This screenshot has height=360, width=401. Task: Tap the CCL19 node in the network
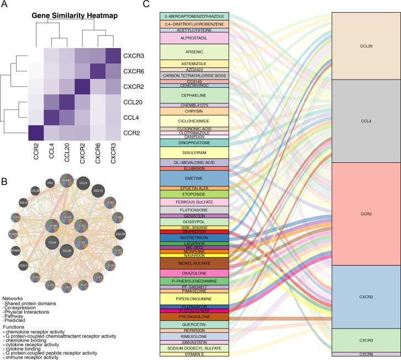[119, 234]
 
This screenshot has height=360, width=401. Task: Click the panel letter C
[146, 4]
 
